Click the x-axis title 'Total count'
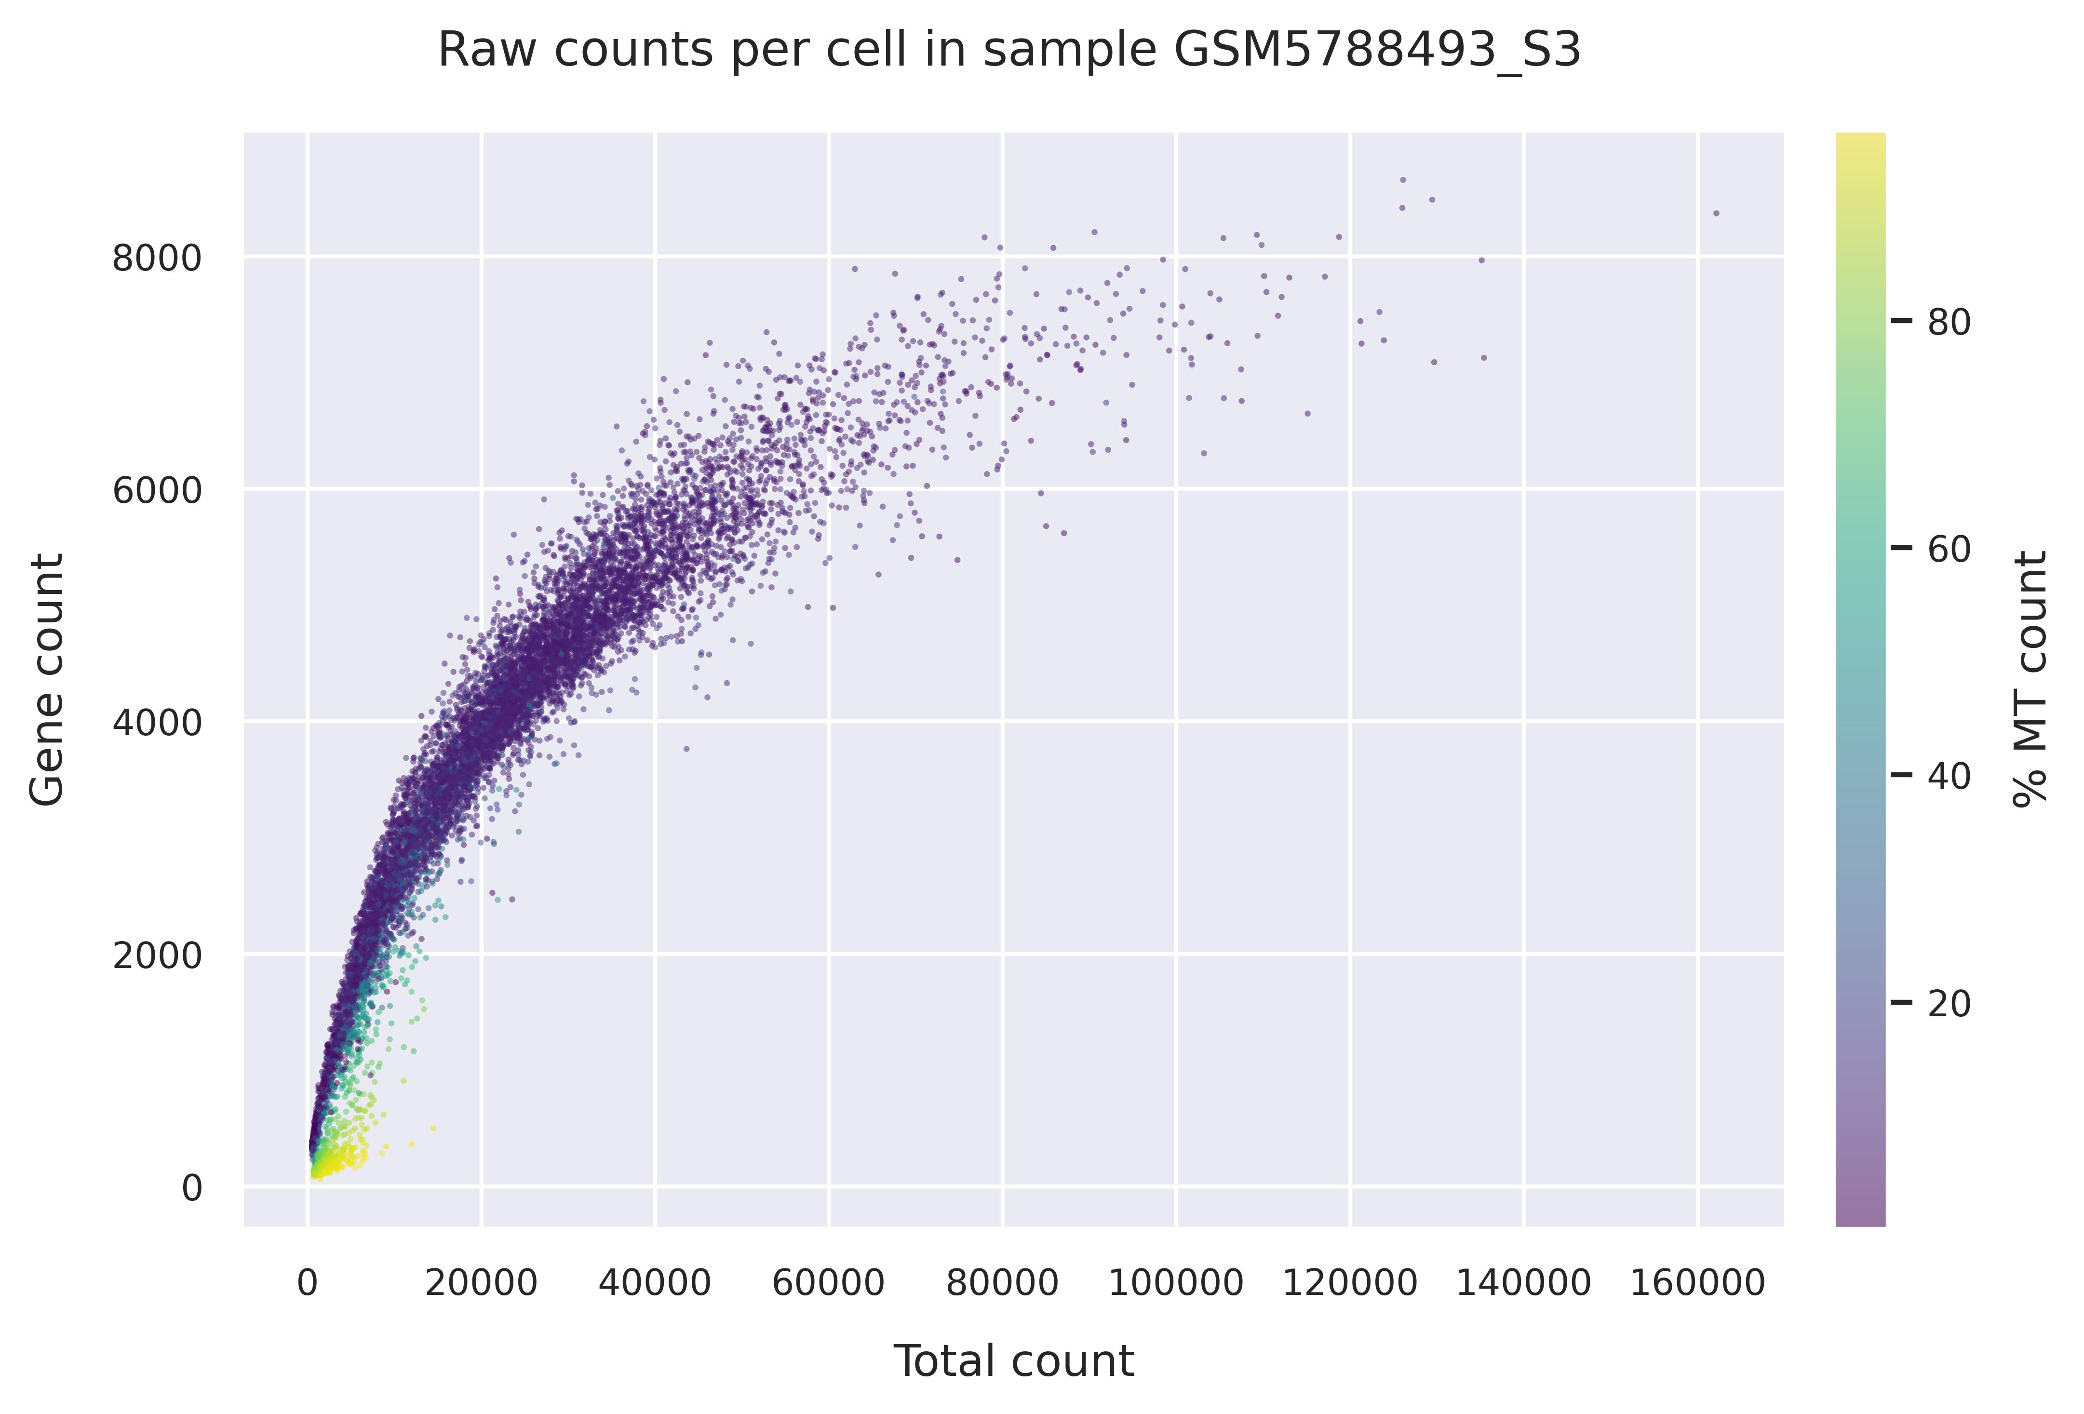click(x=1014, y=1362)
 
